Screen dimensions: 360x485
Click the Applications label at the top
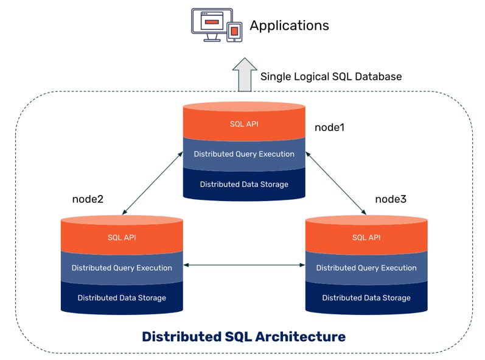[x=289, y=26]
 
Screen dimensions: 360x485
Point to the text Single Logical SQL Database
[x=331, y=77]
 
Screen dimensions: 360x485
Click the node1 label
[x=330, y=128]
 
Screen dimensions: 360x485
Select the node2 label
[x=88, y=199]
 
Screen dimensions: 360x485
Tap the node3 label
[x=390, y=199]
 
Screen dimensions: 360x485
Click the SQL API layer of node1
[x=244, y=124]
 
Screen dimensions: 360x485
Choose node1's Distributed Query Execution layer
[x=244, y=154]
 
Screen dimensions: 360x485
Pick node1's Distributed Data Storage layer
[x=244, y=184]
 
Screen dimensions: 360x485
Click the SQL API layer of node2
[x=122, y=237]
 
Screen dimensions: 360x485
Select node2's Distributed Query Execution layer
[x=122, y=267]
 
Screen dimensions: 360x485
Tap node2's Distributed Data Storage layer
[x=122, y=298]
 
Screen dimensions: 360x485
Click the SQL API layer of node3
[x=366, y=237]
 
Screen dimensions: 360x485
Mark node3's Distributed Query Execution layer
[x=366, y=267]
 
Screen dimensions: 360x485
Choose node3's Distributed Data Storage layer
[x=366, y=298]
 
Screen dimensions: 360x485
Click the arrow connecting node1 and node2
[x=152, y=183]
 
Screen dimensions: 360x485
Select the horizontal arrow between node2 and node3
[x=244, y=265]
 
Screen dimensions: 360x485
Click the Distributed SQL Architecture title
[x=243, y=336]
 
